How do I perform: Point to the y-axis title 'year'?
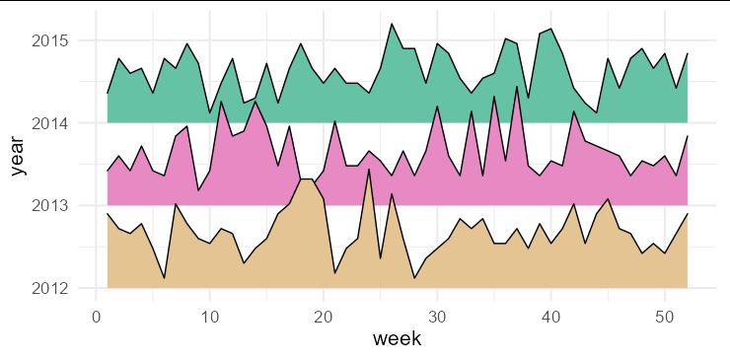click(x=19, y=157)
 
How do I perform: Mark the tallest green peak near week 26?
click(x=392, y=24)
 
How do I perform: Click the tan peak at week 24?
click(x=369, y=169)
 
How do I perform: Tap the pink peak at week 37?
click(x=517, y=86)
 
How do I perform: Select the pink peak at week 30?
click(x=437, y=107)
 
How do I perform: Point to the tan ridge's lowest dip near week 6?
click(x=164, y=278)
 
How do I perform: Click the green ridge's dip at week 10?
click(x=209, y=112)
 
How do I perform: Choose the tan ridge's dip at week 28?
click(x=414, y=278)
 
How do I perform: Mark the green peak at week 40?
click(x=550, y=29)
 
